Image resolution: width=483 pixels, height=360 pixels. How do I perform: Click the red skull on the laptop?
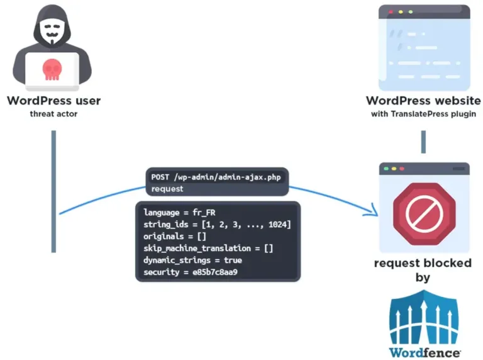click(52, 70)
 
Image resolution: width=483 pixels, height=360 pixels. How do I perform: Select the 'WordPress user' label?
click(54, 101)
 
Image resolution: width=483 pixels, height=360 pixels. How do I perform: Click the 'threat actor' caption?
click(53, 114)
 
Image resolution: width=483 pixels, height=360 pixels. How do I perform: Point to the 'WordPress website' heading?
click(423, 101)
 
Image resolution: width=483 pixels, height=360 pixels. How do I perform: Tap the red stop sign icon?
click(424, 214)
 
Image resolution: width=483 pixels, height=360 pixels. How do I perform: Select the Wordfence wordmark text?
click(425, 352)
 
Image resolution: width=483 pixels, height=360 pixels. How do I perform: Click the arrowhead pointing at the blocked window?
click(373, 211)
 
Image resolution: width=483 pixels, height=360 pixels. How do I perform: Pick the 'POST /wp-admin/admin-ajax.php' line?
click(216, 177)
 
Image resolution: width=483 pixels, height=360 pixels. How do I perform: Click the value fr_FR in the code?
click(204, 213)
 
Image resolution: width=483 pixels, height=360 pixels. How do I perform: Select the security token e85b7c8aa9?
click(215, 272)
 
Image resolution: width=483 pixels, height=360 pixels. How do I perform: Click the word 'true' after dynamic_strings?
click(233, 260)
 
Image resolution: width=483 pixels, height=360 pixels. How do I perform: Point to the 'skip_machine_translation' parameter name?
click(197, 249)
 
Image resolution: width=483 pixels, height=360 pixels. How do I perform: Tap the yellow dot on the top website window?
click(401, 12)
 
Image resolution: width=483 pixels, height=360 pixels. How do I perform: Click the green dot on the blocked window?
click(386, 169)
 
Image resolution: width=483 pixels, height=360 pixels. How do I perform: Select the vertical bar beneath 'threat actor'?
click(53, 191)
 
